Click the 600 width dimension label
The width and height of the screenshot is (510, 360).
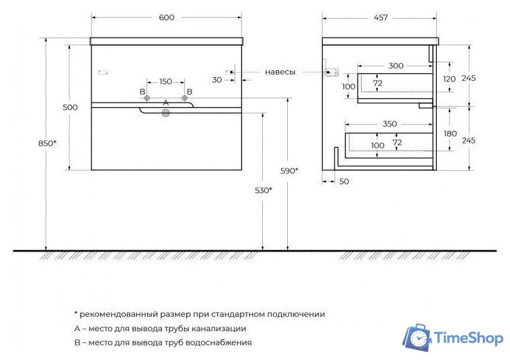click(166, 18)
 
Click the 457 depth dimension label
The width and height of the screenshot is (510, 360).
click(380, 18)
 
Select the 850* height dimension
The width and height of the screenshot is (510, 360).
click(46, 143)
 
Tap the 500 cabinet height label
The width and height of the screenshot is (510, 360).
click(70, 107)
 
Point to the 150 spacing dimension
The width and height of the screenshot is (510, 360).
click(165, 81)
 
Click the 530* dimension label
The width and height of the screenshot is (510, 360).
click(263, 190)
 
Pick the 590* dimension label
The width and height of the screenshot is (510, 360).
click(288, 170)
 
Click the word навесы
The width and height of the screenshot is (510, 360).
click(280, 72)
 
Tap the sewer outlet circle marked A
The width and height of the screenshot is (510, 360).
click(166, 113)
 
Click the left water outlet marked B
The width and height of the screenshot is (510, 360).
click(146, 98)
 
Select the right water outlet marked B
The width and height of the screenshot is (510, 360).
click(185, 98)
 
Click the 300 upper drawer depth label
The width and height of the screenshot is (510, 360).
click(395, 66)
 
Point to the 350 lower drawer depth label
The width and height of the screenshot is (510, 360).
click(389, 124)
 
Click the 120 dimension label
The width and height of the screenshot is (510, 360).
click(449, 79)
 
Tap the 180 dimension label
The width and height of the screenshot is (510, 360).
click(449, 133)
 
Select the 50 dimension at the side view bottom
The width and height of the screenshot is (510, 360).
click(344, 182)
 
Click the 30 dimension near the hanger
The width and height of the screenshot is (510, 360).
click(217, 80)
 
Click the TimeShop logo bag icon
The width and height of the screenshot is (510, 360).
click(417, 338)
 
